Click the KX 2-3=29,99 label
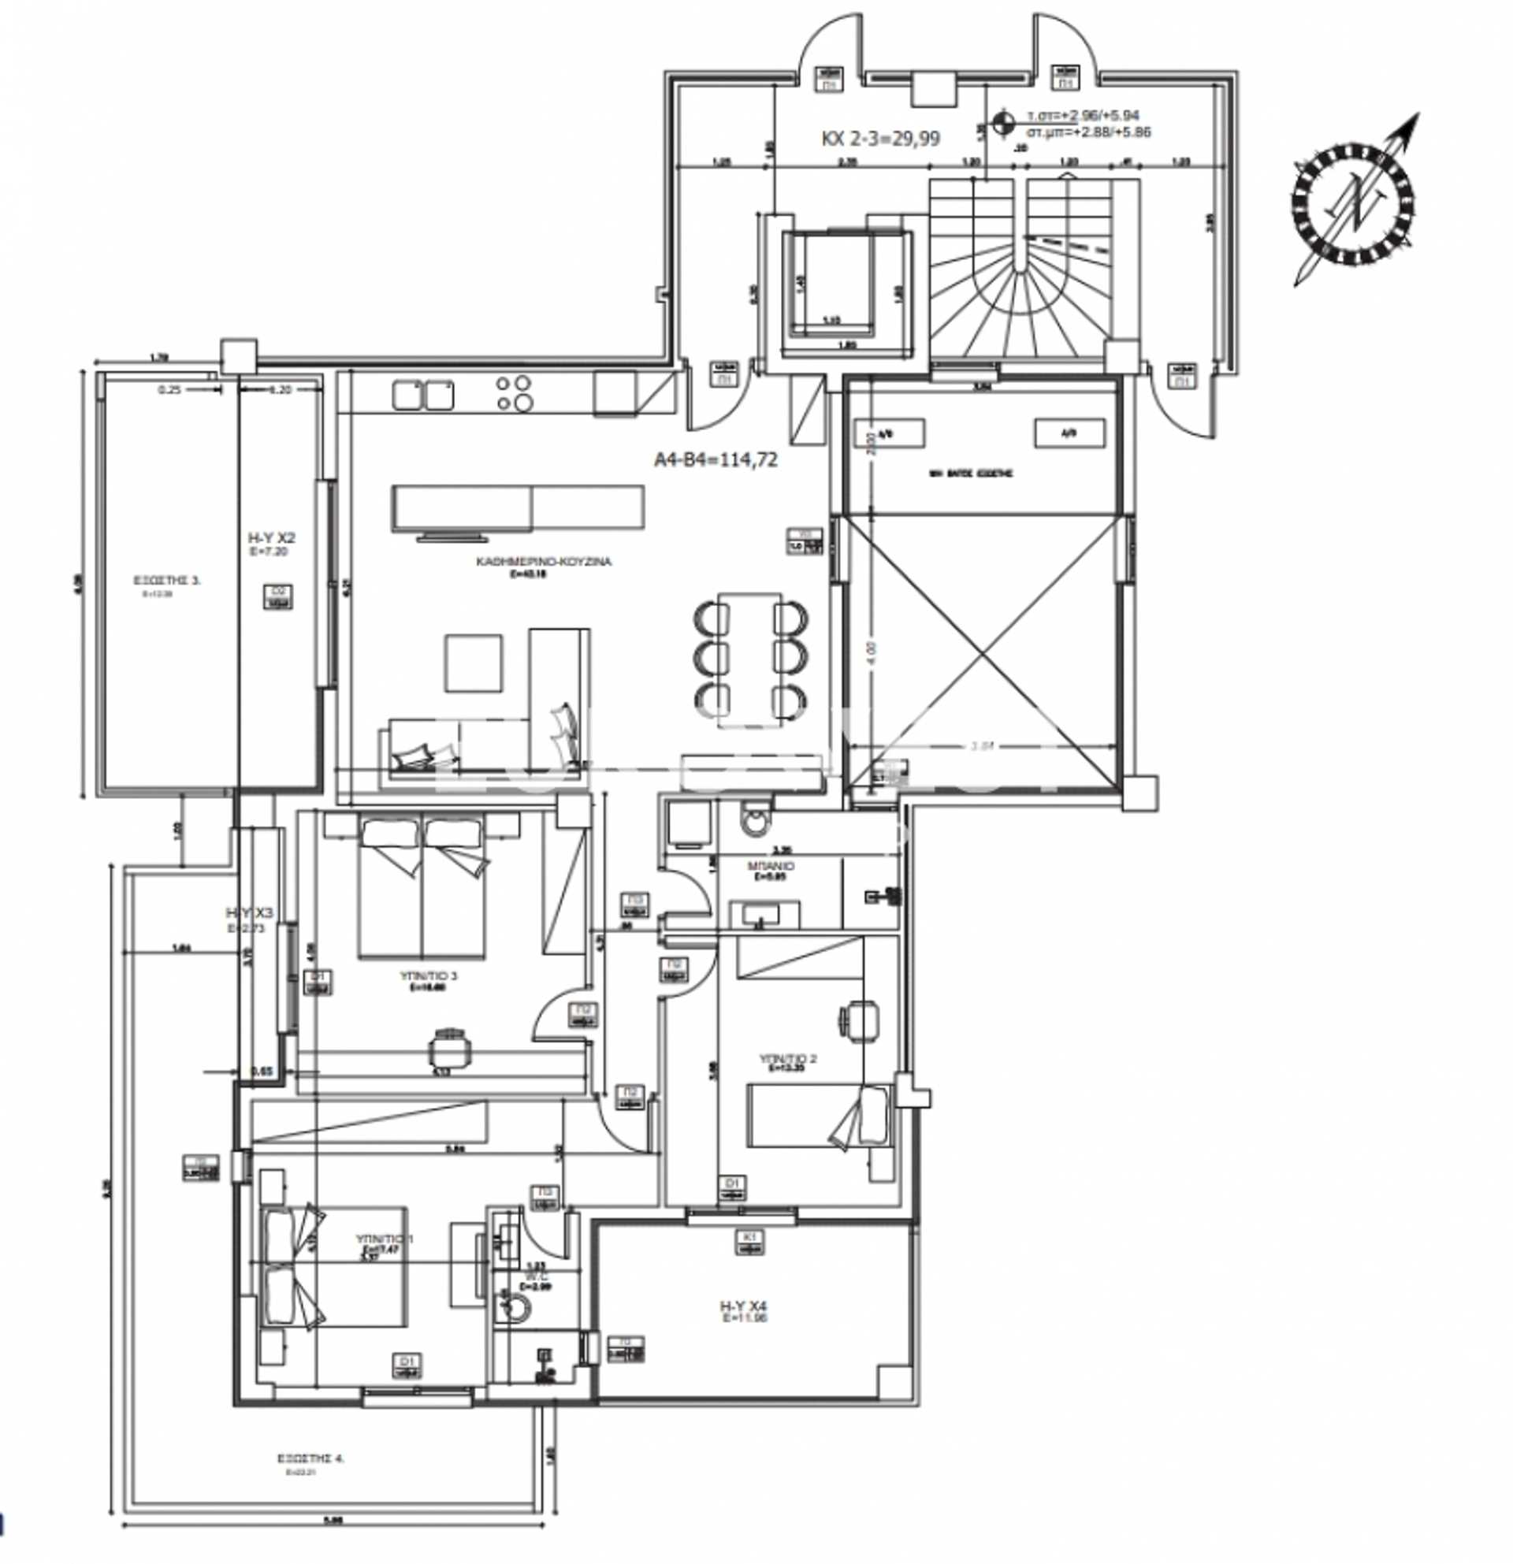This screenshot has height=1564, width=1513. point(880,139)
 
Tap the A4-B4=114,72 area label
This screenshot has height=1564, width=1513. point(715,460)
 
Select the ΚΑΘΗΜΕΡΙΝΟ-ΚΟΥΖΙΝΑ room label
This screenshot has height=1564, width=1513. point(544,563)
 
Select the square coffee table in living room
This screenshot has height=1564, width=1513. point(474,663)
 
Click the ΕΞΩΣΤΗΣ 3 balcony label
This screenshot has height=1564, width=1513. point(167,581)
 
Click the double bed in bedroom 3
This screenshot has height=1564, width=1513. point(422,888)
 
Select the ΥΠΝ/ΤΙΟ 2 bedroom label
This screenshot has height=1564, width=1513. point(787,1059)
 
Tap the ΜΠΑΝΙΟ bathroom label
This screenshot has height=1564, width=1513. point(770,867)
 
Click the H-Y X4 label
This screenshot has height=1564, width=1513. point(743,1306)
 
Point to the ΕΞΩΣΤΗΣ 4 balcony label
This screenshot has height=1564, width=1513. point(310,1458)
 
